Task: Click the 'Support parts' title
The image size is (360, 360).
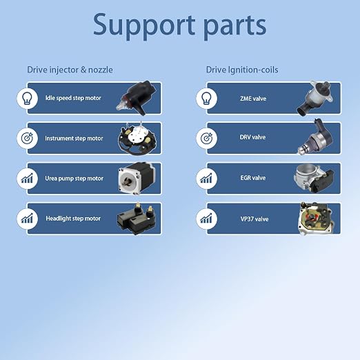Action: [x=179, y=26]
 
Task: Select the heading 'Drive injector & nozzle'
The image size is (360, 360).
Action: [x=70, y=70]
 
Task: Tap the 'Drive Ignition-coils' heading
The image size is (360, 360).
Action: [x=242, y=70]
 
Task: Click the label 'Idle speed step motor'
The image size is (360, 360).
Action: [x=73, y=98]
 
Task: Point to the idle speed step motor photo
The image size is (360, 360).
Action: [x=137, y=98]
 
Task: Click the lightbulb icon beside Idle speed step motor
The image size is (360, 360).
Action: [x=27, y=99]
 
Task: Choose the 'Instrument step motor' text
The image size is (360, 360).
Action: [x=74, y=139]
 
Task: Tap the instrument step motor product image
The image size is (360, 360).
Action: [x=137, y=139]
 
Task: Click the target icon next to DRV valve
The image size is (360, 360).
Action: [x=206, y=139]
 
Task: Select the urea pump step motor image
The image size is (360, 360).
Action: [x=137, y=178]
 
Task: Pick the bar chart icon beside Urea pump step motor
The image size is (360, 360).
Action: [x=27, y=179]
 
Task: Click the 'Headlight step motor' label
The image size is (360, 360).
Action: [x=73, y=219]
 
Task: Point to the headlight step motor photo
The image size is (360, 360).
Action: [x=137, y=219]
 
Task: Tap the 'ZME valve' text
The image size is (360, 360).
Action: [x=253, y=99]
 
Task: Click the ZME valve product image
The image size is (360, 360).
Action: [x=315, y=98]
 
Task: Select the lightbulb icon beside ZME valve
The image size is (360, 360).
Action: [x=206, y=99]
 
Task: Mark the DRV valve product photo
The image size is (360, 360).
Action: [x=315, y=137]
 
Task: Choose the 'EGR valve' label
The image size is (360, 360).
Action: [x=253, y=178]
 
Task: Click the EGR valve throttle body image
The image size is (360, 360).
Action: [x=314, y=179]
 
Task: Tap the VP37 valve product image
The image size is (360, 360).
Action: [x=316, y=219]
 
